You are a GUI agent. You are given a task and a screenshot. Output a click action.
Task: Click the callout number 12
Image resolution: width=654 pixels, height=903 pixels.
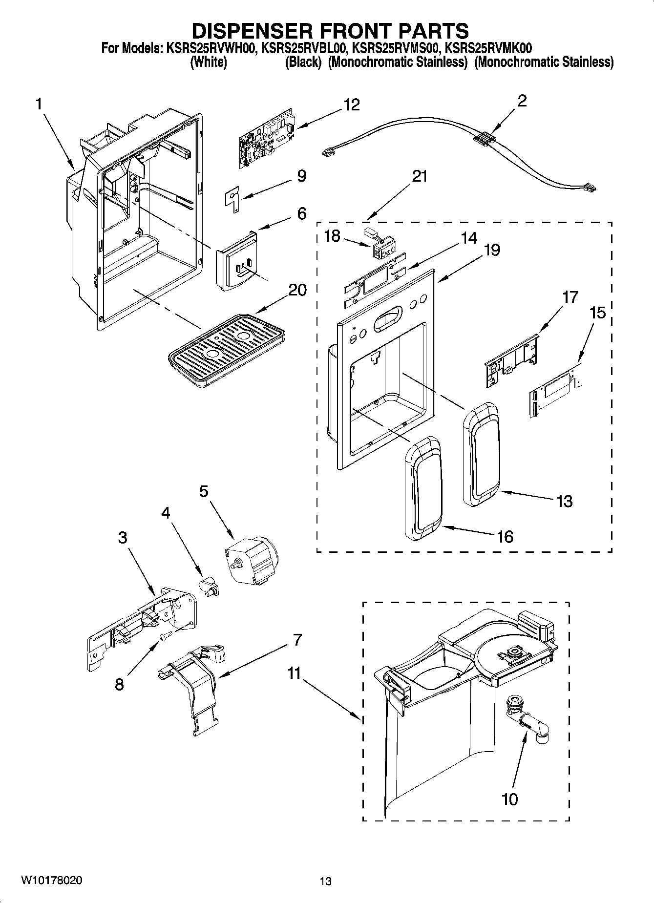pyautogui.click(x=352, y=105)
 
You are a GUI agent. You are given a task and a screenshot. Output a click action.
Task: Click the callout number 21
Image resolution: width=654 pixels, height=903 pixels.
pyautogui.click(x=419, y=176)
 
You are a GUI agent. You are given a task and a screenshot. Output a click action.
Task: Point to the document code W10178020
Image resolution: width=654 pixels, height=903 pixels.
pyautogui.click(x=51, y=880)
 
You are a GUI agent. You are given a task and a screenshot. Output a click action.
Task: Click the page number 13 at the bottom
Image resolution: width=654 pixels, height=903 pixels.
pyautogui.click(x=325, y=881)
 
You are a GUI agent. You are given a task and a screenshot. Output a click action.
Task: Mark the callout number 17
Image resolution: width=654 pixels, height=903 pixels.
pyautogui.click(x=570, y=297)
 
